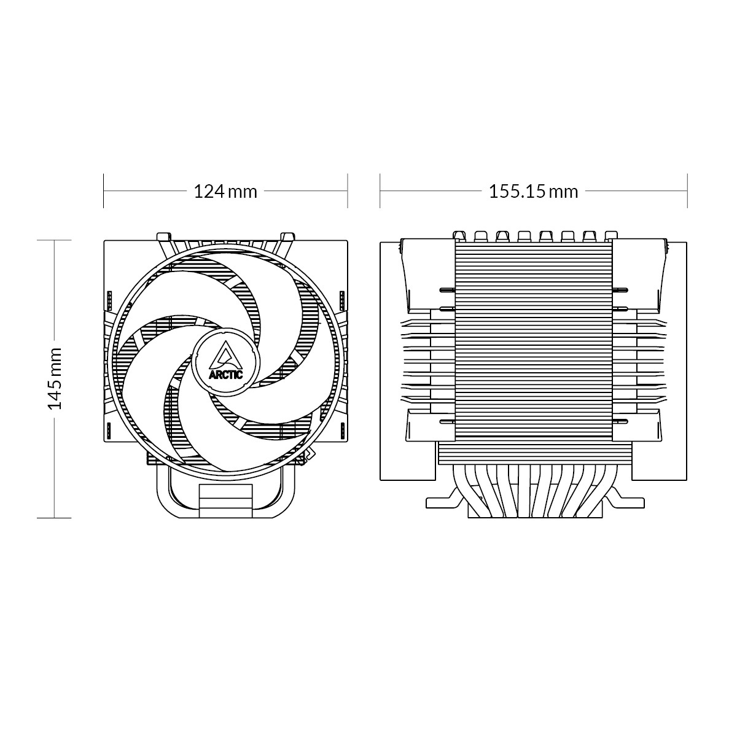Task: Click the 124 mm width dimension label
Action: [x=225, y=192]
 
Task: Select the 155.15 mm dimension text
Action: [x=533, y=192]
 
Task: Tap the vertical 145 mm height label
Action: [x=55, y=378]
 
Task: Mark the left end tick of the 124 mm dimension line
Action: [x=104, y=191]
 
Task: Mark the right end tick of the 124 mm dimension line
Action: [x=348, y=191]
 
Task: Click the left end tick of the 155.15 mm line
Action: [x=380, y=191]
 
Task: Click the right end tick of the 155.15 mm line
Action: [x=687, y=191]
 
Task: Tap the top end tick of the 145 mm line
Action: [x=55, y=240]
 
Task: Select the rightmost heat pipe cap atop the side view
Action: [x=610, y=235]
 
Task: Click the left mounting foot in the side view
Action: [x=442, y=500]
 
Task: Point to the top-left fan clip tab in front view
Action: [x=163, y=236]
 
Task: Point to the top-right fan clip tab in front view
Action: [x=286, y=236]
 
